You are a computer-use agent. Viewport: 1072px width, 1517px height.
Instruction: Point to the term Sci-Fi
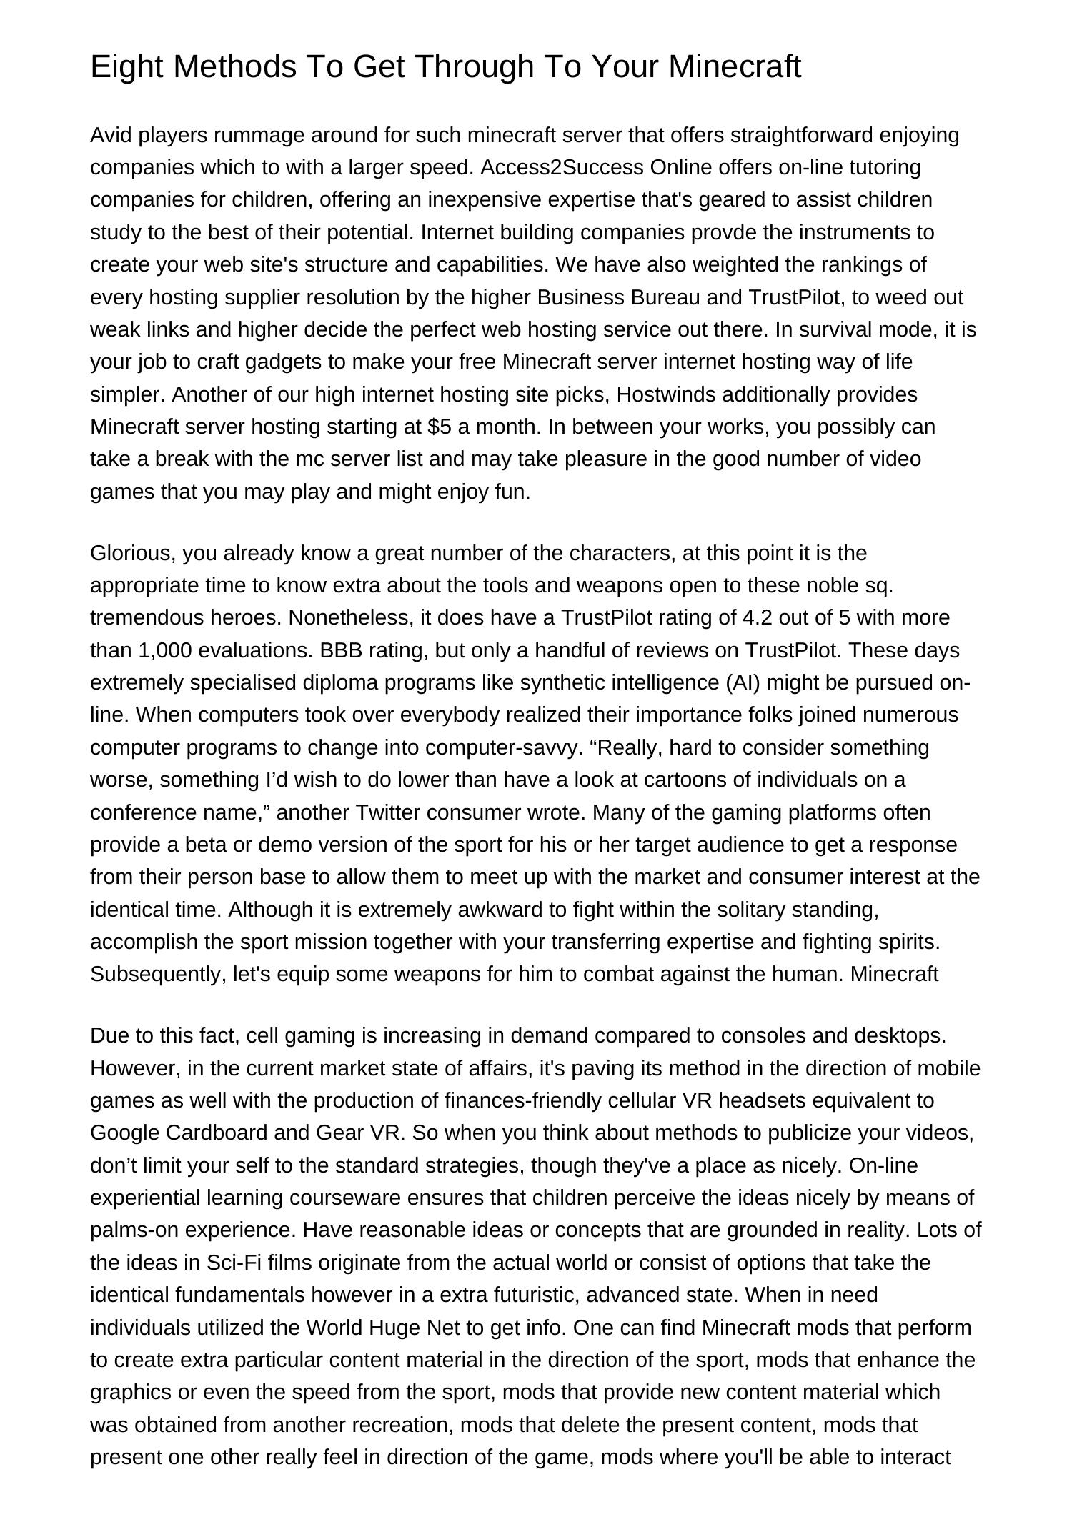tap(232, 1263)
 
